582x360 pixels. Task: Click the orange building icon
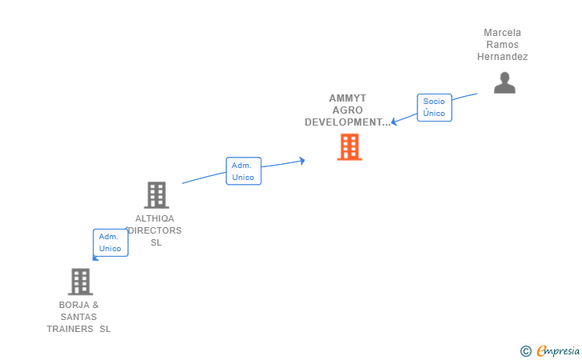[x=349, y=147]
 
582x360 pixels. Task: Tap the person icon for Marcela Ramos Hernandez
[x=504, y=83]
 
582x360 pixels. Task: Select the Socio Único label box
[x=434, y=107]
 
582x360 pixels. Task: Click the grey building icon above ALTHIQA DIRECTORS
[x=156, y=195]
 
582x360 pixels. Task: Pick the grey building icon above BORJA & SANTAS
[x=80, y=282]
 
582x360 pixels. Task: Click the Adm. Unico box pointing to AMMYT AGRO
[x=243, y=170]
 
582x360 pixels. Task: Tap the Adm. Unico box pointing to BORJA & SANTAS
[x=110, y=242]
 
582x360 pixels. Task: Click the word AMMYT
[x=348, y=98]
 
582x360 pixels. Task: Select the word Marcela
[x=502, y=33]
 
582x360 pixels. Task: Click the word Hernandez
[x=502, y=57]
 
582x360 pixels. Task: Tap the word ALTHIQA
[x=155, y=218]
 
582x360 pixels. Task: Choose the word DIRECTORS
[x=156, y=230]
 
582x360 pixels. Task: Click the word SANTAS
[x=79, y=317]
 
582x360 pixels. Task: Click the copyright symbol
[x=525, y=350]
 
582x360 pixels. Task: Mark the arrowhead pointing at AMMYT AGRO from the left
[x=301, y=161]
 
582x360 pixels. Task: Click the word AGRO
[x=348, y=110]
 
